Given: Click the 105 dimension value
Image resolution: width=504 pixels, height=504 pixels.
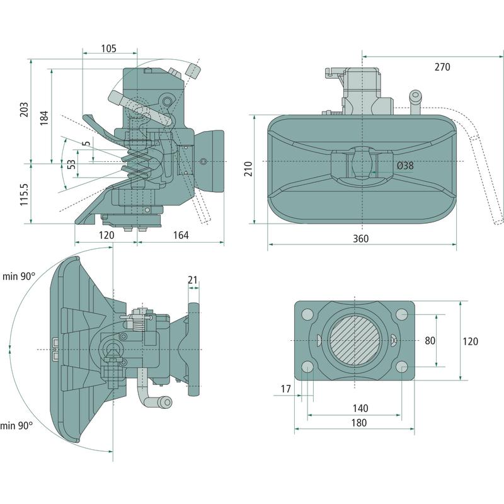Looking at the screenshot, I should [x=108, y=49].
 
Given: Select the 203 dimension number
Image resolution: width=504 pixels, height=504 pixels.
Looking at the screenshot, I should [x=24, y=112].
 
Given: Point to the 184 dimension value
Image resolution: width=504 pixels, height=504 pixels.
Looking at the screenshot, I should [x=44, y=117].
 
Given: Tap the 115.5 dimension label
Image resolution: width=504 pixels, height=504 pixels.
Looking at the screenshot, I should [x=24, y=195].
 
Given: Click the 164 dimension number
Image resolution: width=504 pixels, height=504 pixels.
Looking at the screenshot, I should [x=180, y=235].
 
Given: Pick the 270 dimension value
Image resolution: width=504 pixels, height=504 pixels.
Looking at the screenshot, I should [x=442, y=67].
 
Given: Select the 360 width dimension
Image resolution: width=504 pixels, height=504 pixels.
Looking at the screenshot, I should [x=360, y=239].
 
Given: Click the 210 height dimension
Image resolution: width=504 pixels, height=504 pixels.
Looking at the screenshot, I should [x=248, y=169].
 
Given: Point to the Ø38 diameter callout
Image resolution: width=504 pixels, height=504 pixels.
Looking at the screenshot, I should [x=405, y=166].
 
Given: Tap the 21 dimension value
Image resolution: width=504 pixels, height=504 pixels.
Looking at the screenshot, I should [x=193, y=279].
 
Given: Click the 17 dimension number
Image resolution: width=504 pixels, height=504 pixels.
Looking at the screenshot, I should [x=285, y=389].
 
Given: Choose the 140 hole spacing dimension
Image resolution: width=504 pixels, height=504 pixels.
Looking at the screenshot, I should [x=358, y=408].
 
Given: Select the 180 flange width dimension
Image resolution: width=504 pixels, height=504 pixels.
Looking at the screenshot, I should [x=358, y=423].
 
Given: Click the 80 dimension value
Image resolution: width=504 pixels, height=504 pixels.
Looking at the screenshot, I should [x=430, y=340].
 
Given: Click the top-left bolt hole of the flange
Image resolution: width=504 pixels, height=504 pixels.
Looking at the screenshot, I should [x=308, y=314].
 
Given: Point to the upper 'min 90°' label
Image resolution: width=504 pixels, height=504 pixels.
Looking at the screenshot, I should [x=19, y=276].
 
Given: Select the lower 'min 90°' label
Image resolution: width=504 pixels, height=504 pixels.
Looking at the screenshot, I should [x=16, y=426].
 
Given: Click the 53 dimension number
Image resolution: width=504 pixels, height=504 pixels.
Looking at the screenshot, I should [x=71, y=163].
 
